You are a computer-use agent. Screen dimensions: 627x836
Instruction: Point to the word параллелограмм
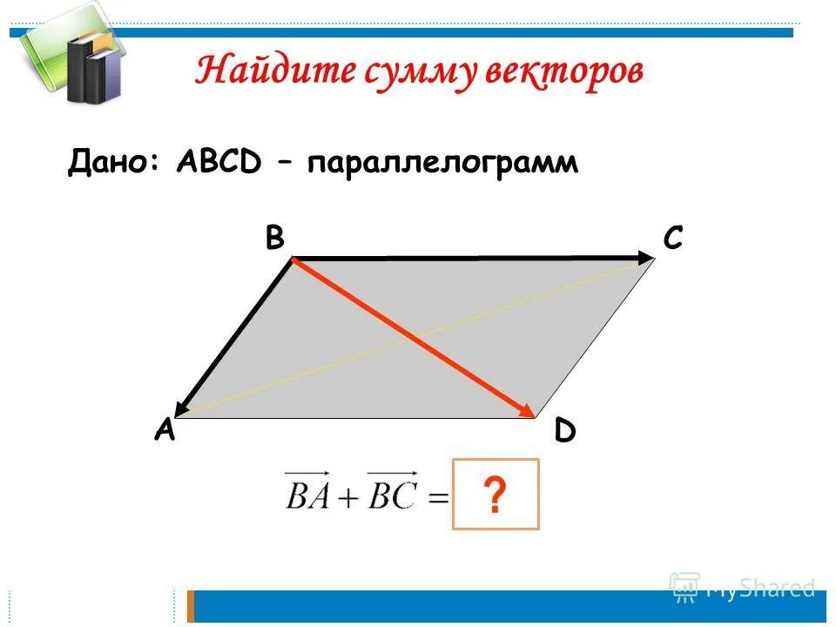(x=442, y=163)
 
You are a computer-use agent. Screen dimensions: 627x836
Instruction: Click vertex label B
(x=275, y=239)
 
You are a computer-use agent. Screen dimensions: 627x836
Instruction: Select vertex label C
(x=672, y=238)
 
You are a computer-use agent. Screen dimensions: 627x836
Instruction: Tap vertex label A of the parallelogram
(x=165, y=429)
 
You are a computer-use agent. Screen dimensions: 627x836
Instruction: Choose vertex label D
(x=565, y=431)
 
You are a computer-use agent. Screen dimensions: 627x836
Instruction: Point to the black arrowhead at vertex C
(x=645, y=257)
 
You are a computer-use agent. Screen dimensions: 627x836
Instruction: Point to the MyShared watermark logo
(x=742, y=588)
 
